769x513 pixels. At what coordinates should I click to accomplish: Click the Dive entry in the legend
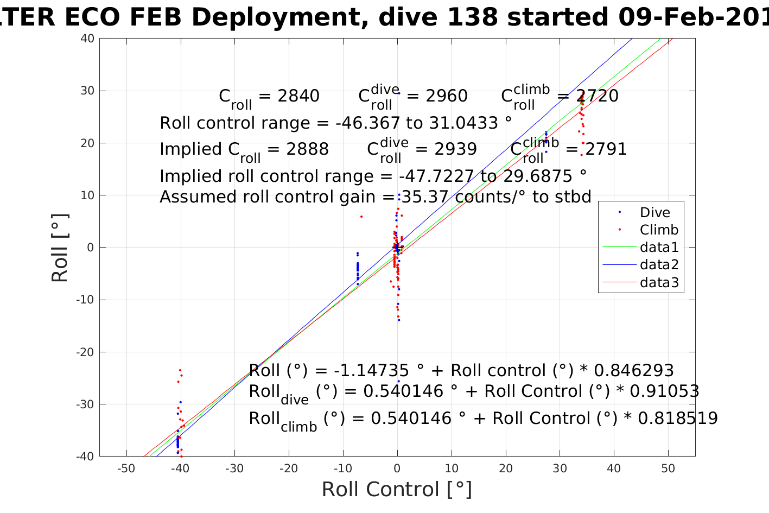pos(654,213)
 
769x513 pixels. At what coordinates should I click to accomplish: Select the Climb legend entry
pos(659,230)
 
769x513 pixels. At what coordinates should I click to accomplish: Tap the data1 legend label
pos(659,248)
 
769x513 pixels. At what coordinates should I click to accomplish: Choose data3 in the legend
pos(659,282)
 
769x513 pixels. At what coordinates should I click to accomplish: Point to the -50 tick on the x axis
pos(126,469)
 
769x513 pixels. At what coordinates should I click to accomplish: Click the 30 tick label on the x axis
pos(560,469)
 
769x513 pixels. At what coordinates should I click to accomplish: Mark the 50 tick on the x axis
pos(668,469)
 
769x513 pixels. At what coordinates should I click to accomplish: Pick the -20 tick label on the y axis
pos(86,352)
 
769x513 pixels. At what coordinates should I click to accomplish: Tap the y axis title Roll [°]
pos(60,248)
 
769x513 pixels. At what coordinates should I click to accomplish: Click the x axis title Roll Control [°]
pos(397,490)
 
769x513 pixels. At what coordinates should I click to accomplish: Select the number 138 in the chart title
pos(470,17)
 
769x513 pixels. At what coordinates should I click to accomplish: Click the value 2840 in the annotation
pos(298,96)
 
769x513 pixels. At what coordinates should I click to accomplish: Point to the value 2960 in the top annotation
pos(446,96)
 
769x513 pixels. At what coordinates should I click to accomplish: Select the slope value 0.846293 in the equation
pos(634,371)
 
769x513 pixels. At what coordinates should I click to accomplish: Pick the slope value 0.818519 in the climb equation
pos(678,419)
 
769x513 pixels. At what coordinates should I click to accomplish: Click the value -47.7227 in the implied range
pos(437,176)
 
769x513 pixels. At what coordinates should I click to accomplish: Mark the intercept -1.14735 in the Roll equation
pos(371,371)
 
